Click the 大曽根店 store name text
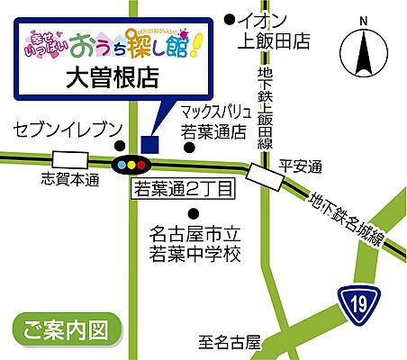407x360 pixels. click(113, 77)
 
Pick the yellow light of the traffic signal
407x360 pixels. click(133, 166)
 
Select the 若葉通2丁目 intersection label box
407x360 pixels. click(184, 189)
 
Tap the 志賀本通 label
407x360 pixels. click(69, 180)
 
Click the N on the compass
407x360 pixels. click(362, 20)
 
